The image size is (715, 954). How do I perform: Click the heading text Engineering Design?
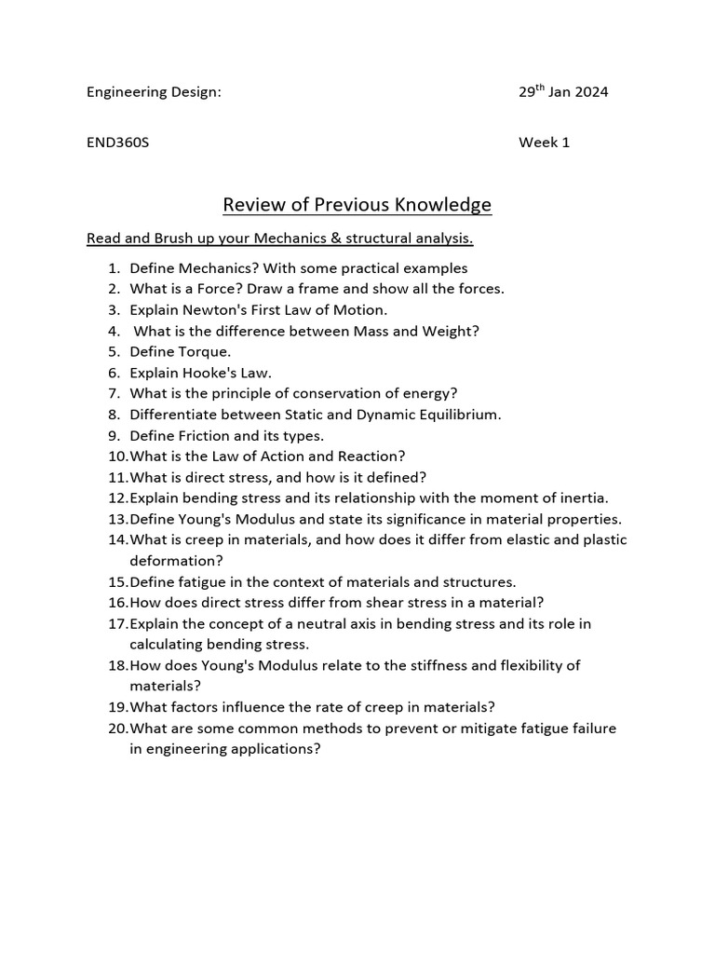click(x=154, y=92)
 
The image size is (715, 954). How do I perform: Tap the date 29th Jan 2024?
click(x=563, y=92)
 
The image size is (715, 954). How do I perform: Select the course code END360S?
click(x=117, y=143)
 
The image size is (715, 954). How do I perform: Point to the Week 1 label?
click(x=544, y=143)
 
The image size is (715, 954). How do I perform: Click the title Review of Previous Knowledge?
click(x=357, y=204)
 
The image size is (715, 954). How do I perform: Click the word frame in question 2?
click(x=326, y=289)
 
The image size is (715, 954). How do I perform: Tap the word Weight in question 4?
click(x=452, y=331)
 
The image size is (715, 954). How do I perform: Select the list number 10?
click(x=116, y=456)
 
